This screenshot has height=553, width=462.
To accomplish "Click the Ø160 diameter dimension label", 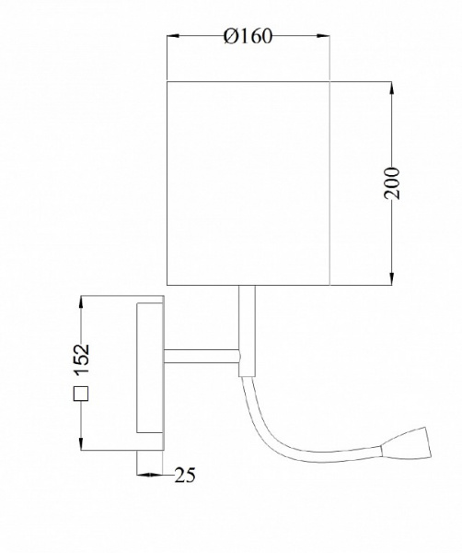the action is click(x=248, y=36).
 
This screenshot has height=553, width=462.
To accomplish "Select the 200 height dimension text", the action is click(x=392, y=183).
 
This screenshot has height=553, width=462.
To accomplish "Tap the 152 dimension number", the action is click(x=81, y=359).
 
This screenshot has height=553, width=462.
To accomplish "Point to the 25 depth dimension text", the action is click(x=185, y=475).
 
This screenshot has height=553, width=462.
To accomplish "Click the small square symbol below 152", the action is click(x=81, y=394).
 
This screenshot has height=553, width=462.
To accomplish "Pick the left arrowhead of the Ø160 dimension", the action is click(x=173, y=36).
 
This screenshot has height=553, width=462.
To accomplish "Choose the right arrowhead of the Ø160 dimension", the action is click(x=323, y=36).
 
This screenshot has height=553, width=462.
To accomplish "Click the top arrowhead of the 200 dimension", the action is click(x=391, y=88).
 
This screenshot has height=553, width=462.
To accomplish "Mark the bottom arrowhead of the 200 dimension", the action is click(x=391, y=278).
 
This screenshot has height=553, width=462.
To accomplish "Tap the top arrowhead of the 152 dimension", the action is click(x=81, y=302).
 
